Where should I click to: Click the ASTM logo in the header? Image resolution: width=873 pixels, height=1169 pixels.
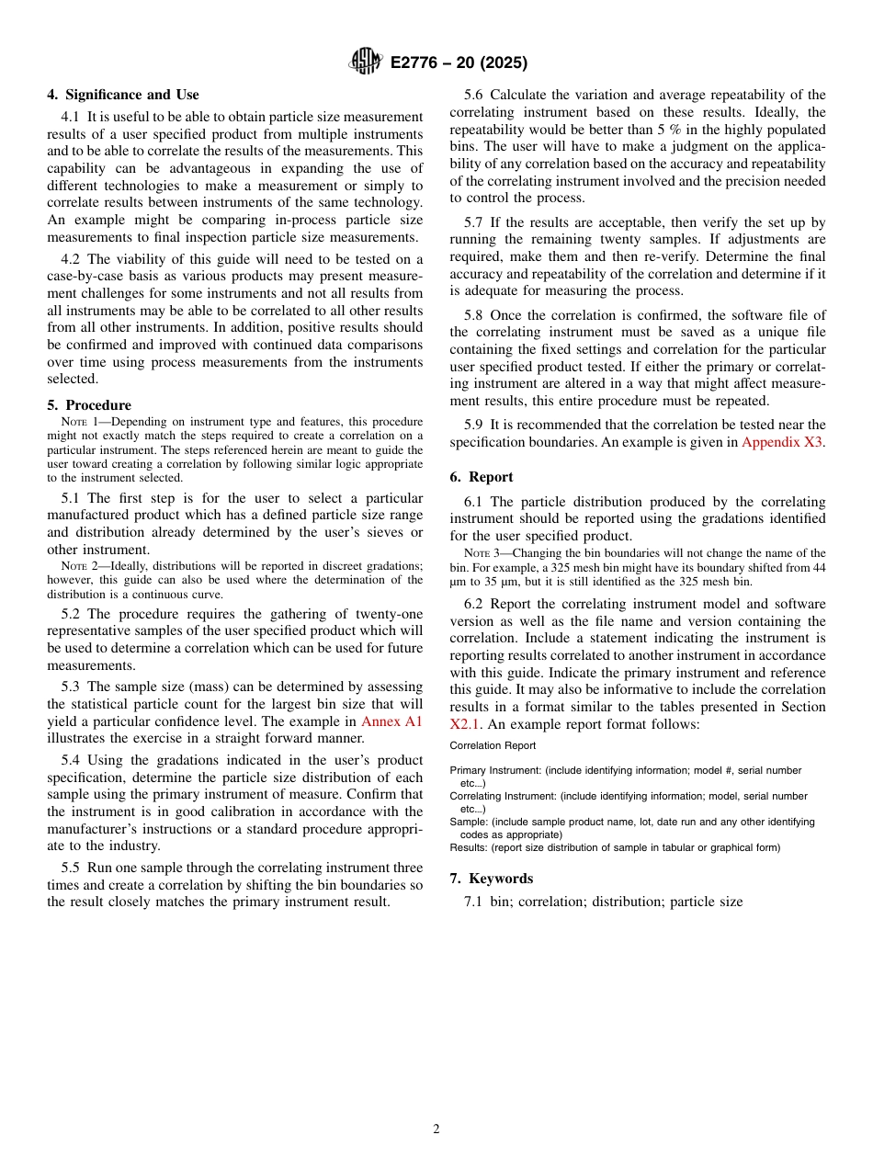click(x=365, y=62)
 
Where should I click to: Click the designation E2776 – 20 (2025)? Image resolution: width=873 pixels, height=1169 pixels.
click(x=459, y=63)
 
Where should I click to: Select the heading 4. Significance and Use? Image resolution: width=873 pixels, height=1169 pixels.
click(x=123, y=95)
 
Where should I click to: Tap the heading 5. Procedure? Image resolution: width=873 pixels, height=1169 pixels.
click(x=89, y=405)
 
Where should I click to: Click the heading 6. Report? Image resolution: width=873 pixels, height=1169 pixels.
click(x=482, y=477)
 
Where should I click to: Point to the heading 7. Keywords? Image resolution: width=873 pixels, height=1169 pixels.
click(x=492, y=879)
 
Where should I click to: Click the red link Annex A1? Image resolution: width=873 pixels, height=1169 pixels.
click(x=391, y=721)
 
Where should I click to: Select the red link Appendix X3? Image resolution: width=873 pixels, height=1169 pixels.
click(x=782, y=442)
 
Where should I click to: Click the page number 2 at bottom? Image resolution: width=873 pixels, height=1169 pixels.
click(x=436, y=1129)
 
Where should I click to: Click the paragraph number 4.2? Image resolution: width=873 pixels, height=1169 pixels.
click(x=72, y=259)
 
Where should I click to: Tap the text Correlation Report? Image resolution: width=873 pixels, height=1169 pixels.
click(x=493, y=746)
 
